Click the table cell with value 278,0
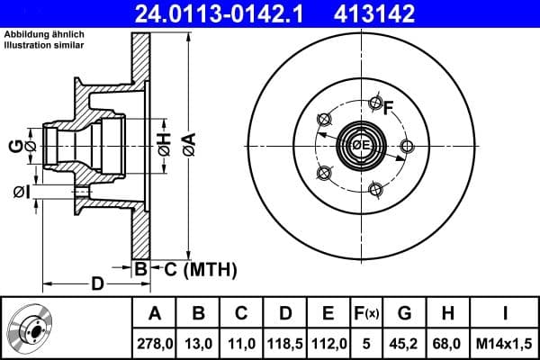(x=154, y=342)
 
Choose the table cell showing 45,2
(x=404, y=342)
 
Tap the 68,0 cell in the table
(x=447, y=342)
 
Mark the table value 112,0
(x=328, y=342)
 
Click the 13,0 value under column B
(x=198, y=342)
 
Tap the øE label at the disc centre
(x=361, y=146)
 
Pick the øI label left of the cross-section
(x=22, y=192)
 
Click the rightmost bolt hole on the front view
(x=407, y=146)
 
